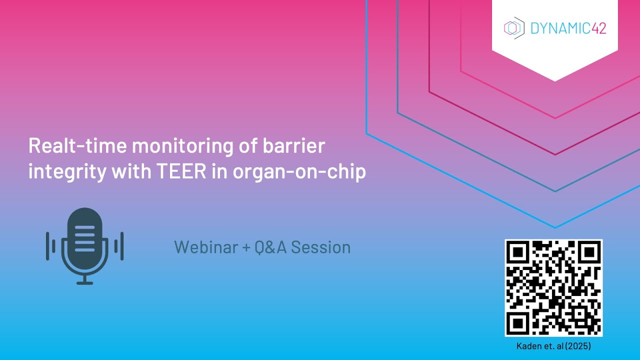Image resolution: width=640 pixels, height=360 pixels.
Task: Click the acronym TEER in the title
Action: pos(184,171)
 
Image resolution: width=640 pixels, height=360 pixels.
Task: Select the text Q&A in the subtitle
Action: pos(270,247)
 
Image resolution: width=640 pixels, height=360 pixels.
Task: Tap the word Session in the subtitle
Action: pos(320,247)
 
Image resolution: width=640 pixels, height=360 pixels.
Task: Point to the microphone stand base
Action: pos(84,282)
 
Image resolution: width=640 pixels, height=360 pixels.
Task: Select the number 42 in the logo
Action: pos(598,28)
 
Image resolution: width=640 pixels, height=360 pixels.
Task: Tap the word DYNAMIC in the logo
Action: pos(560,28)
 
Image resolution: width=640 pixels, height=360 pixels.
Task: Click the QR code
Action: pos(553,288)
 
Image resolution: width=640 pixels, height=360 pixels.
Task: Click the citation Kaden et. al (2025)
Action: pos(553,345)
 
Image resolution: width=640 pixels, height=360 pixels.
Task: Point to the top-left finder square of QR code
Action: pos(518,253)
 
